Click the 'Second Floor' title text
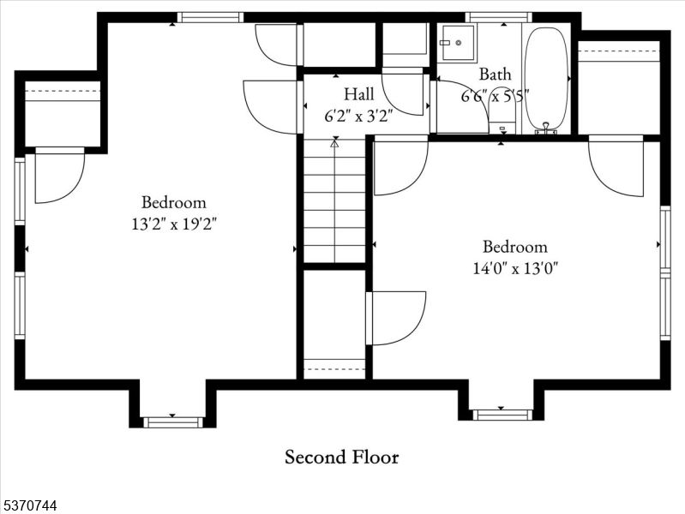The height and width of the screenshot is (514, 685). [x=341, y=457]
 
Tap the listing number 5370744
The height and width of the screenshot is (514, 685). [x=30, y=506]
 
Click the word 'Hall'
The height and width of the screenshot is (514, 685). [x=358, y=93]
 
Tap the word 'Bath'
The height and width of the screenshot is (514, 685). [x=495, y=75]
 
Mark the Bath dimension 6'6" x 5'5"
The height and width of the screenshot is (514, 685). [x=495, y=95]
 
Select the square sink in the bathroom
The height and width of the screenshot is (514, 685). [x=457, y=42]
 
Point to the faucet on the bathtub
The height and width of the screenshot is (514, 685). [x=544, y=128]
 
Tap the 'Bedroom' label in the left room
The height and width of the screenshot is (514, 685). [x=174, y=203]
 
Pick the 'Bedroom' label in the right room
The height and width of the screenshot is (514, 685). [x=514, y=247]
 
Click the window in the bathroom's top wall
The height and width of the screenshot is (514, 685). [x=498, y=17]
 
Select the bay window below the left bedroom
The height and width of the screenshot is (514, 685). [x=172, y=421]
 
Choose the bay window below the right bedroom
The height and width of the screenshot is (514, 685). [x=502, y=415]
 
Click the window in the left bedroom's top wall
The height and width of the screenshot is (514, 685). [x=210, y=17]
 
